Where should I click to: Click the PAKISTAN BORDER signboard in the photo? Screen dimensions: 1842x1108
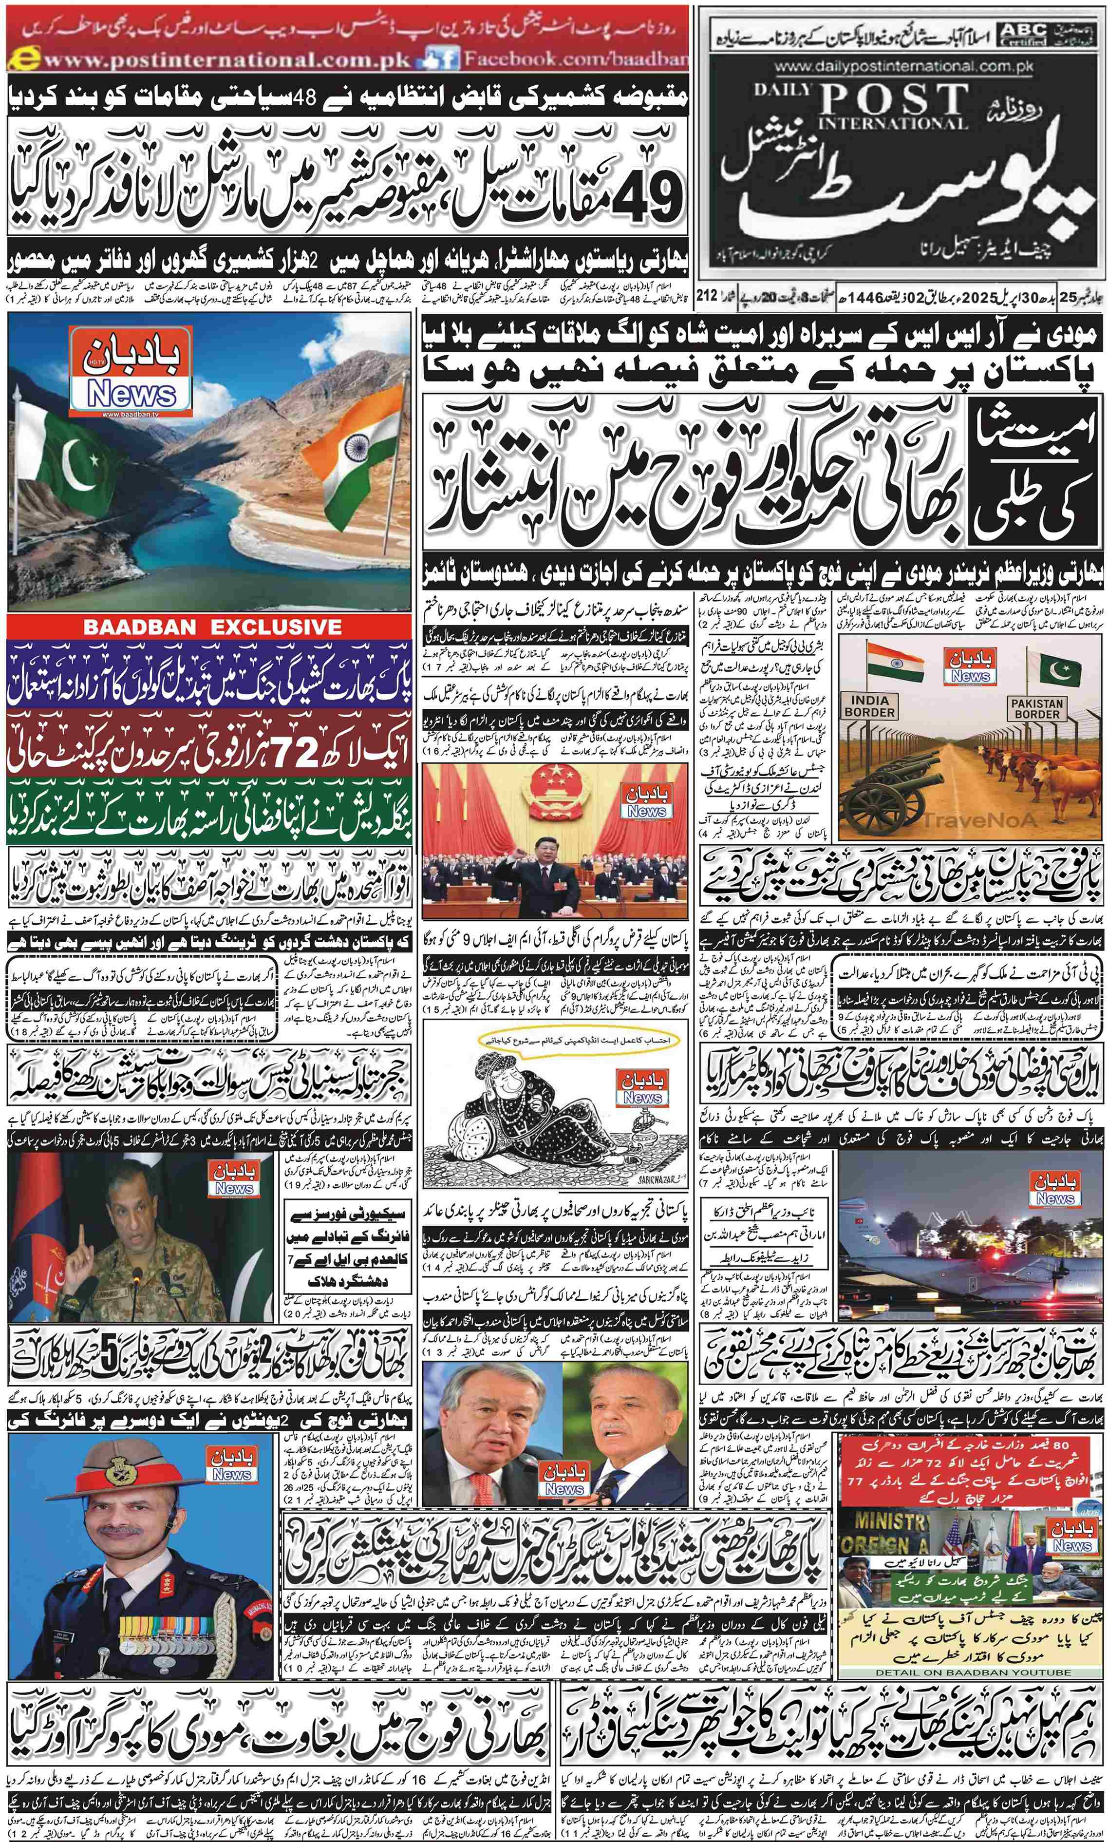point(1036,708)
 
